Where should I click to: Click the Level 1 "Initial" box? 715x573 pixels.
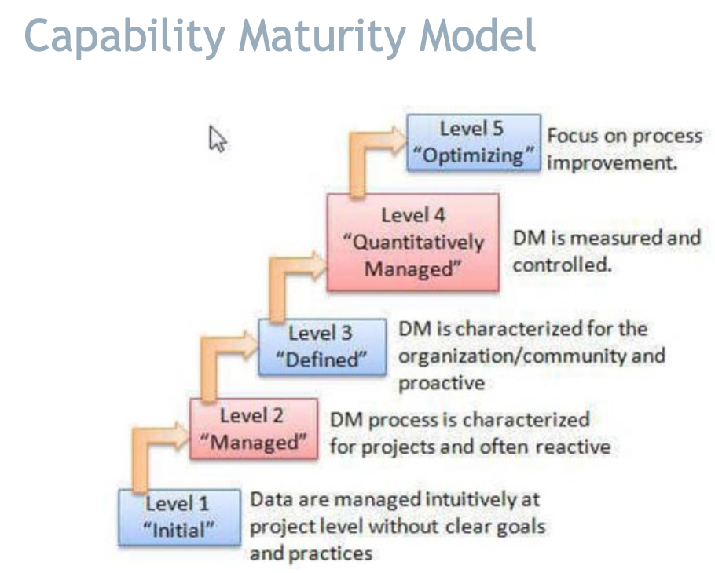coord(179,516)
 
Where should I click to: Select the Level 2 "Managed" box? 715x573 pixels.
coord(253,428)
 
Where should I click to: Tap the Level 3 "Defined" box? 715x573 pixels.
coord(321,345)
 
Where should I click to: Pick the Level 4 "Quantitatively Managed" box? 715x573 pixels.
coord(412,242)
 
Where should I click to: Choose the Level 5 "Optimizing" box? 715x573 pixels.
coord(474,142)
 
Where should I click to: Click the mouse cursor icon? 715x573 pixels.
coord(218,139)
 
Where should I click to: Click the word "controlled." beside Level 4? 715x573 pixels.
coord(562,265)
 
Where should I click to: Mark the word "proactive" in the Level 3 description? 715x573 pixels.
coord(442,384)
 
